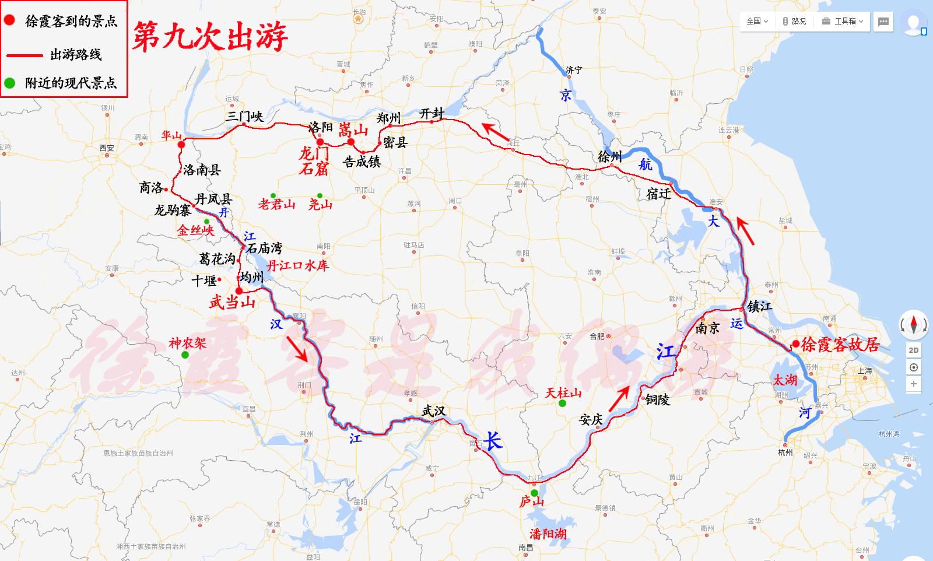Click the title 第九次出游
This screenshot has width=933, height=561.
click(x=210, y=37)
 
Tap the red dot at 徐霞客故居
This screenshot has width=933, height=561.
click(x=795, y=344)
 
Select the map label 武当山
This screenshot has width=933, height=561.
click(x=232, y=302)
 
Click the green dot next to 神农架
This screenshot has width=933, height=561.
click(x=185, y=355)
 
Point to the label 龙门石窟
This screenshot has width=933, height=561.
click(x=314, y=162)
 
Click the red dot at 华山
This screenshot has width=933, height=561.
click(x=181, y=144)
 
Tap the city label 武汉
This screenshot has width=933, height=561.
click(x=434, y=411)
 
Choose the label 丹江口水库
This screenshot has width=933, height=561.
click(x=297, y=266)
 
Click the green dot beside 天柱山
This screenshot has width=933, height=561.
click(x=562, y=403)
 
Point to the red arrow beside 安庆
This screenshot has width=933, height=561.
click(x=620, y=398)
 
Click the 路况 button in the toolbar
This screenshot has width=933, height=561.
click(x=794, y=21)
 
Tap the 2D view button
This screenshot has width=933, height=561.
click(x=914, y=350)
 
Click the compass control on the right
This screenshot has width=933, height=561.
click(x=913, y=324)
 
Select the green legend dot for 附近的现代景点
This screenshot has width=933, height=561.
click(x=9, y=83)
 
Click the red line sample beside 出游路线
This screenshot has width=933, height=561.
click(x=24, y=55)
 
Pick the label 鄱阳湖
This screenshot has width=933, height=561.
click(x=548, y=533)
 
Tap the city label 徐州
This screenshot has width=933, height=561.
click(x=610, y=156)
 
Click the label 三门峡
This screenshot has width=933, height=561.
click(x=244, y=116)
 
